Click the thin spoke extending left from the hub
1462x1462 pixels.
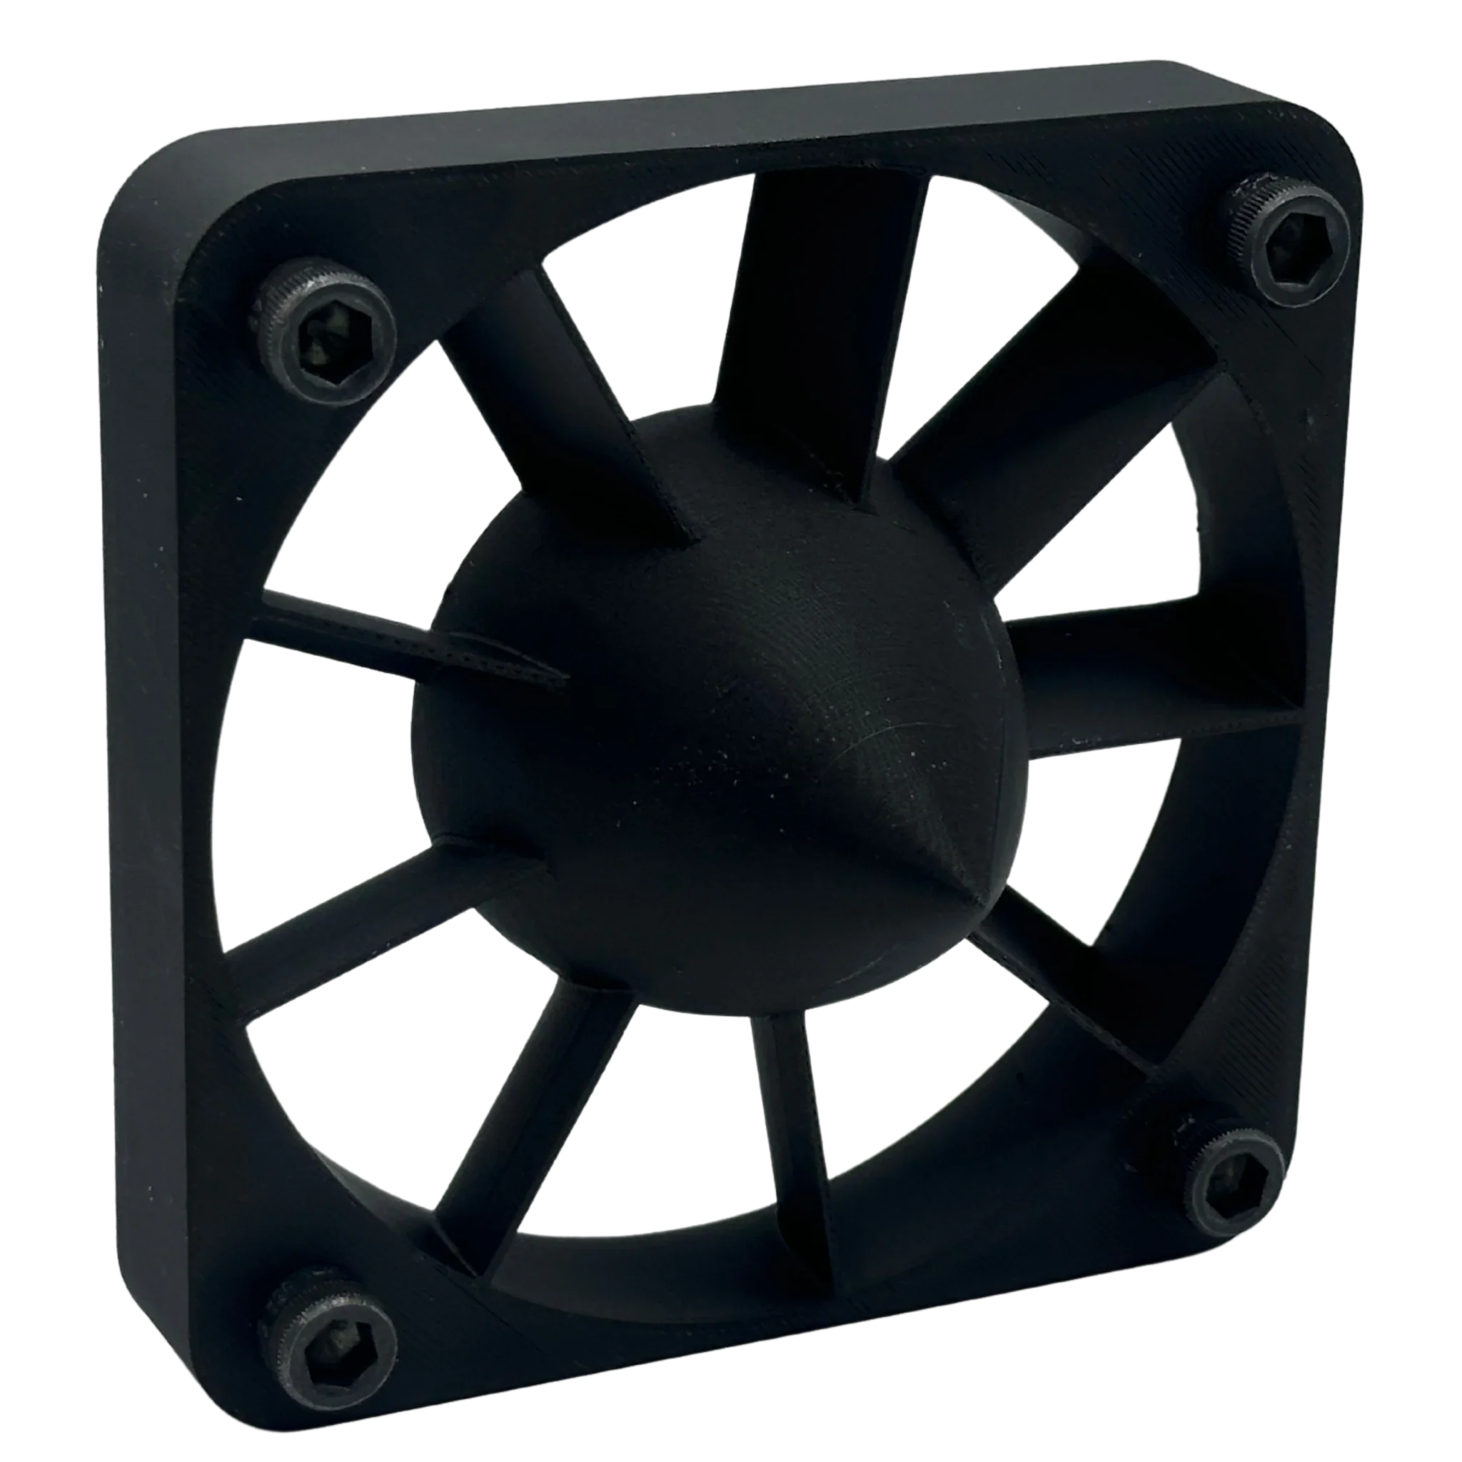click(393, 635)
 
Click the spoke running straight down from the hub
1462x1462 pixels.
click(795, 1120)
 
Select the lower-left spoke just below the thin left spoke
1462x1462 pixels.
click(378, 931)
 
